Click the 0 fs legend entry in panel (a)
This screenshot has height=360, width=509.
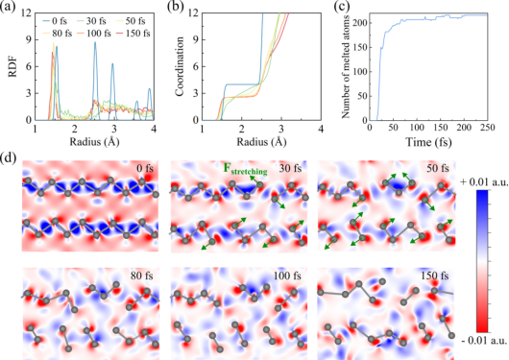tap(55, 21)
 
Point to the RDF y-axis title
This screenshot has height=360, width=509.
tap(13, 67)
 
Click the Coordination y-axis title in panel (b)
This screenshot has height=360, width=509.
tap(180, 66)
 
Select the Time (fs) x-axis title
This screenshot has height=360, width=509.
tap(428, 142)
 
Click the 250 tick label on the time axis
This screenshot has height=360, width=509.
tap(487, 128)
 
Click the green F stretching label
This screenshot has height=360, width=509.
tap(245, 169)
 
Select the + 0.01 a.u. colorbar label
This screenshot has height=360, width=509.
tap(484, 182)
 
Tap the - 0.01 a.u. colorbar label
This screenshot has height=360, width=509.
tap(484, 340)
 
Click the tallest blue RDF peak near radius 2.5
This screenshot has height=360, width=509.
tap(95, 42)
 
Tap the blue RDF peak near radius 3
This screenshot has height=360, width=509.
tap(112, 63)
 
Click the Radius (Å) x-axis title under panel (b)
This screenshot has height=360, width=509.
tap(261, 142)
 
